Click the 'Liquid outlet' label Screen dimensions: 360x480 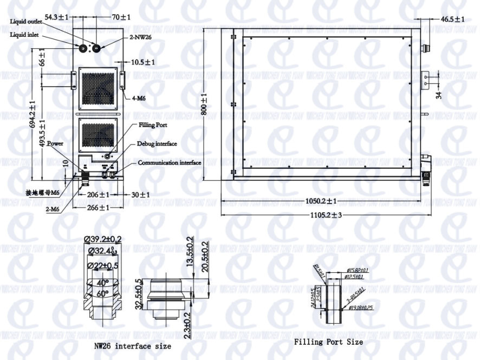click(x=25, y=22)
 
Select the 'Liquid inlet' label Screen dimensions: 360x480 click(x=23, y=35)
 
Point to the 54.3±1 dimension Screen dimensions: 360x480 click(x=56, y=17)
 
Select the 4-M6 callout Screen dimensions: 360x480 click(x=139, y=98)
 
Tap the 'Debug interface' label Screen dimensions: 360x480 click(x=156, y=143)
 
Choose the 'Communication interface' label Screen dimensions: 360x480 click(x=169, y=162)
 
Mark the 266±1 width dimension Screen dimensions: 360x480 click(x=97, y=207)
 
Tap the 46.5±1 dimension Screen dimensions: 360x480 click(x=453, y=19)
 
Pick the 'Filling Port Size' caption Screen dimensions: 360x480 click(x=328, y=342)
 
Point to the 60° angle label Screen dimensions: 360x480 click(x=103, y=293)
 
